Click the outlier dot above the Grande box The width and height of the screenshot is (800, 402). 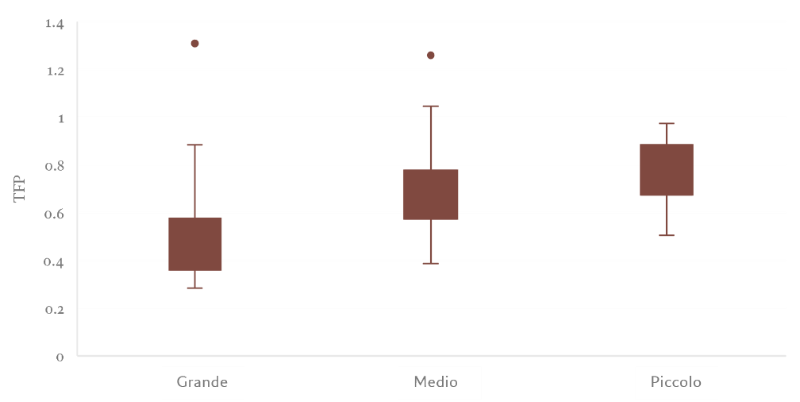[195, 44]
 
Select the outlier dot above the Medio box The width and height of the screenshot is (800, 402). [431, 55]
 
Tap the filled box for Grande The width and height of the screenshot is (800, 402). [195, 244]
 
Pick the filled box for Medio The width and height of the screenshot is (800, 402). [431, 195]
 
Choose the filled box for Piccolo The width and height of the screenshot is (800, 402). [667, 169]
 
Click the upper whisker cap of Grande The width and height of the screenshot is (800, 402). [195, 145]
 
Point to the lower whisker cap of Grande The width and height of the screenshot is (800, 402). [195, 288]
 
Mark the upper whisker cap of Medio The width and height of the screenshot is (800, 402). [431, 106]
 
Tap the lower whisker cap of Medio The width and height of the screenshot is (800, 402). [431, 264]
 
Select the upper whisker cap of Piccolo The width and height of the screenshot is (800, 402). [667, 123]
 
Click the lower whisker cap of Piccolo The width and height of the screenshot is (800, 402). [667, 235]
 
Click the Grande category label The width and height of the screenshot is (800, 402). [202, 382]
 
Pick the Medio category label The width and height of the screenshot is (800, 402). [436, 382]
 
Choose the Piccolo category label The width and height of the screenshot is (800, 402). [676, 382]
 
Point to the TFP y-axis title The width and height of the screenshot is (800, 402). [19, 189]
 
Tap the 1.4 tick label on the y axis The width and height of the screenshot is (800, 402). [56, 24]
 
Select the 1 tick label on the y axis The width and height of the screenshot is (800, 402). [60, 118]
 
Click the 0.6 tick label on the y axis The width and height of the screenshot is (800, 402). [54, 214]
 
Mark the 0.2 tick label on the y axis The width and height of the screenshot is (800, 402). [54, 310]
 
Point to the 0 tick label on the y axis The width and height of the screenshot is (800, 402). [60, 357]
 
